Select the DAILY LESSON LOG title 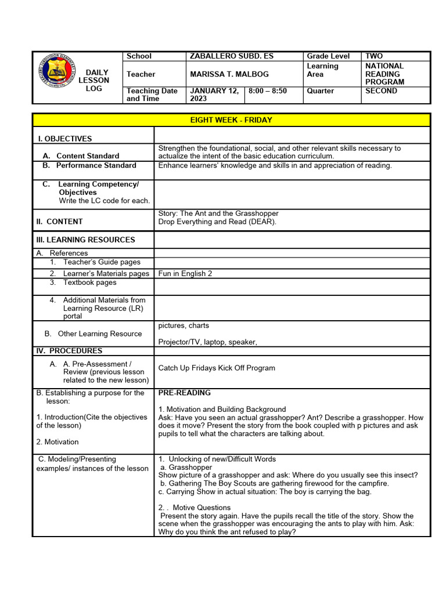pyautogui.click(x=93, y=81)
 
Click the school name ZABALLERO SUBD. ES pyautogui.click(x=231, y=56)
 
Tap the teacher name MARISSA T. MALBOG pyautogui.click(x=229, y=74)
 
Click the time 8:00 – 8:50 pyautogui.click(x=268, y=91)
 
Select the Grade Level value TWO pyautogui.click(x=374, y=56)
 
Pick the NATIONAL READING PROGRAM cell pyautogui.click(x=384, y=74)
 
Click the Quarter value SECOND pyautogui.click(x=381, y=91)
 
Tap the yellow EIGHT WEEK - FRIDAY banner pyautogui.click(x=231, y=120)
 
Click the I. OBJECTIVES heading pyautogui.click(x=64, y=139)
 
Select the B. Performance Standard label pyautogui.click(x=89, y=165)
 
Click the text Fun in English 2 pyautogui.click(x=185, y=273)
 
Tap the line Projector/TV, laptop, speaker pyautogui.click(x=207, y=342)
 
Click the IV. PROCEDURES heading pyautogui.click(x=69, y=350)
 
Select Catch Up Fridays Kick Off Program pyautogui.click(x=217, y=368)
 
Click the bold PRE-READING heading pyautogui.click(x=184, y=393)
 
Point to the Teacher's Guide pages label pyautogui.click(x=102, y=262)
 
